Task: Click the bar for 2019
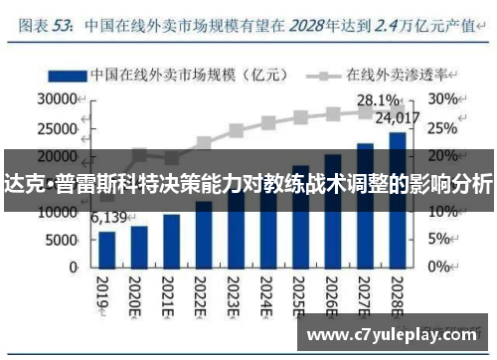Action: click(x=107, y=249)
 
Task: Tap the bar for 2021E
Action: click(x=172, y=240)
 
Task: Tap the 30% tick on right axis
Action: click(x=444, y=99)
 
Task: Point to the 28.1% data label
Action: click(x=378, y=99)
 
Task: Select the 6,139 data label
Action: click(x=110, y=218)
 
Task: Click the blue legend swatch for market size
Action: click(x=65, y=75)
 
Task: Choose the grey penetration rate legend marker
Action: click(x=322, y=75)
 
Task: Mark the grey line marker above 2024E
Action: click(x=268, y=123)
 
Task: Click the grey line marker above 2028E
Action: click(x=397, y=110)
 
